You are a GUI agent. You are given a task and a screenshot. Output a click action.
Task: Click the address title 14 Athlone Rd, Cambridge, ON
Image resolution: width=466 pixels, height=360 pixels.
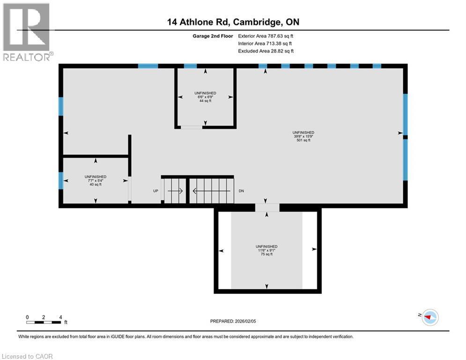232,22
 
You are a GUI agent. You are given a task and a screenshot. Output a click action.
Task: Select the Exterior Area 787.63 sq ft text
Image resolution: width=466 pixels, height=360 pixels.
266,36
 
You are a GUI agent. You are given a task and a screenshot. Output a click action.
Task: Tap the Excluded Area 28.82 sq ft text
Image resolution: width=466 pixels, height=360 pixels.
266,51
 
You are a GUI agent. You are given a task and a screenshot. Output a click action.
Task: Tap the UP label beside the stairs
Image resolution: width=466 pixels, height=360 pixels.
156,191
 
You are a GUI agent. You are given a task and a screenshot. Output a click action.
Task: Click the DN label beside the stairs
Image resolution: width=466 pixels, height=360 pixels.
242,191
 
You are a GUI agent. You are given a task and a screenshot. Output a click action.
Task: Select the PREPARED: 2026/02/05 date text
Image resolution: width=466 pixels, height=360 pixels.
233,321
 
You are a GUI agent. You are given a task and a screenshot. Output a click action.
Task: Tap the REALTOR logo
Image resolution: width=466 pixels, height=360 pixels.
27,32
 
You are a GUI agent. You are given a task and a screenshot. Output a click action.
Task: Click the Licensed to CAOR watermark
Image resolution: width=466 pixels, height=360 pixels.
28,356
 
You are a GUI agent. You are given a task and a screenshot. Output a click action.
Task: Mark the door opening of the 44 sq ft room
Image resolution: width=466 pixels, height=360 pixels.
192,127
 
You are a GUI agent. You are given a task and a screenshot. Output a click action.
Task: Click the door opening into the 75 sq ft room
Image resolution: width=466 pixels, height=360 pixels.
267,207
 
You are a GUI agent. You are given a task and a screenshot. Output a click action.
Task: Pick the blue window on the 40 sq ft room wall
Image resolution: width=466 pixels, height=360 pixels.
61,180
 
